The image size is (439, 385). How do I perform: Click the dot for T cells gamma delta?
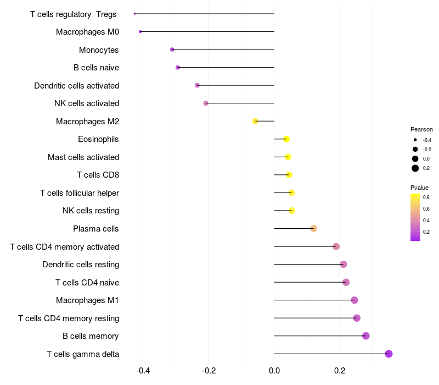(x=389, y=354)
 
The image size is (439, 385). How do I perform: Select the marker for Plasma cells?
(x=313, y=228)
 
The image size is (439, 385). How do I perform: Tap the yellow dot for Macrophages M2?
(x=255, y=121)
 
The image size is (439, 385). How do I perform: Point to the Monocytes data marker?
(x=172, y=50)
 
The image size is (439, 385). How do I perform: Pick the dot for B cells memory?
(x=366, y=336)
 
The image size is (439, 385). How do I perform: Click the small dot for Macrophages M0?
(x=140, y=31)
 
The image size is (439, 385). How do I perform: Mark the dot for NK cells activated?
(x=206, y=103)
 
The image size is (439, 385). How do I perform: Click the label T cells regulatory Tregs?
(x=74, y=14)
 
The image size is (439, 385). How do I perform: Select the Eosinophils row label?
(x=98, y=139)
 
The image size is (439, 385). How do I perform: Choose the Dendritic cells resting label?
(x=81, y=265)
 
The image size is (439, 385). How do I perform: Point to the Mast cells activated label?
(x=83, y=157)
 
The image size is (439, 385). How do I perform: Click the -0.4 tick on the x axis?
(x=143, y=370)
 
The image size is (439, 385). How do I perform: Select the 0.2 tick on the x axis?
(x=340, y=370)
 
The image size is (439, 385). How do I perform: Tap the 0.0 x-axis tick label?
(x=274, y=370)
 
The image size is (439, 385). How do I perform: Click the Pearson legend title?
(x=421, y=129)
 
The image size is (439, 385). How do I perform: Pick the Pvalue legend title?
(x=420, y=188)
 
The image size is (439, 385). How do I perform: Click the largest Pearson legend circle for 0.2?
(x=415, y=168)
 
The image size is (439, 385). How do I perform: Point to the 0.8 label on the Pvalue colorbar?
(x=426, y=197)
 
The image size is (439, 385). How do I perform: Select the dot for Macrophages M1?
(x=354, y=300)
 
